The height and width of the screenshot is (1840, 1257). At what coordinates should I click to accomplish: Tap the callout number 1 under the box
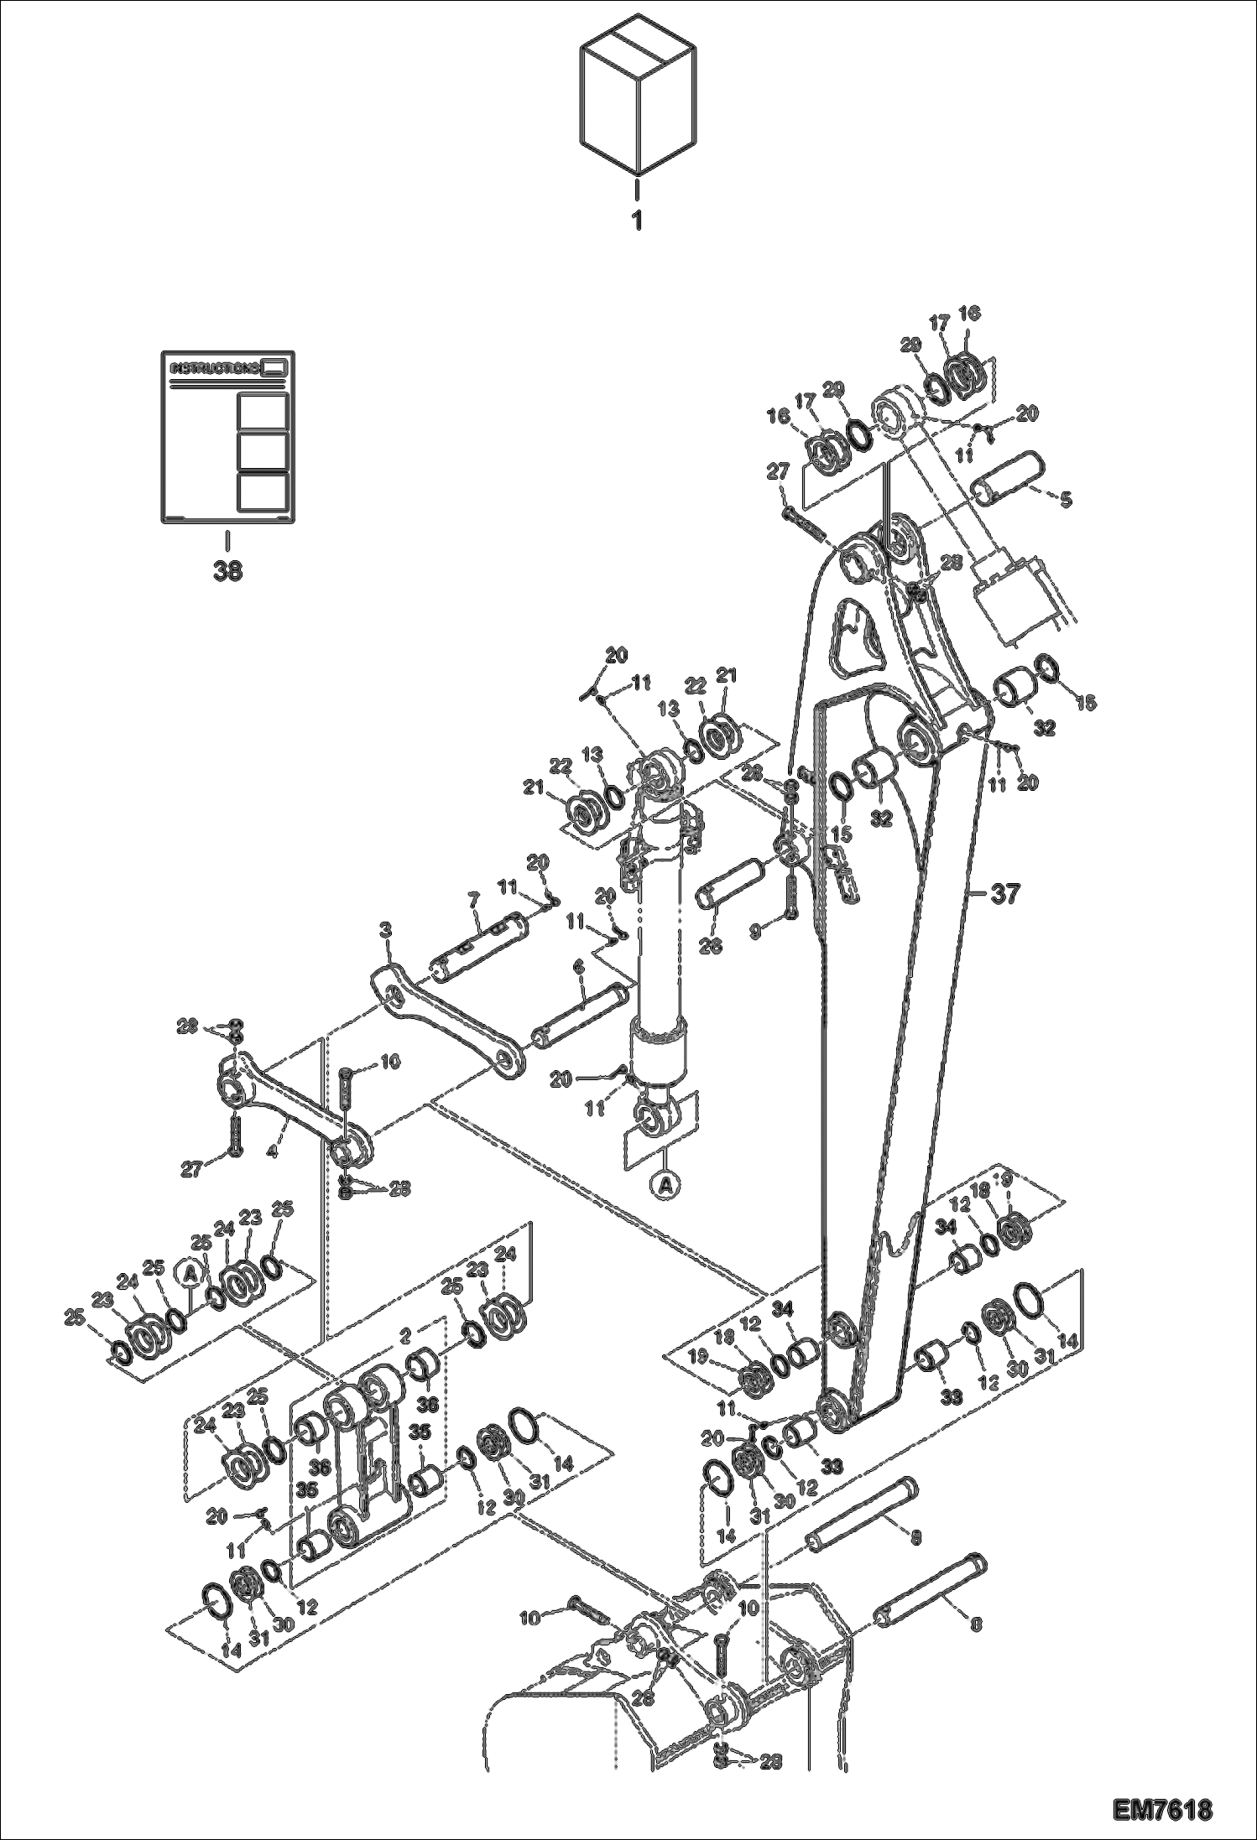pos(638,221)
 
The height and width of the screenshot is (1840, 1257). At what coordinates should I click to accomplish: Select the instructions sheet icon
pos(227,438)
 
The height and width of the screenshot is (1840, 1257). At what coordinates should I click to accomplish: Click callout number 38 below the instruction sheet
pos(227,570)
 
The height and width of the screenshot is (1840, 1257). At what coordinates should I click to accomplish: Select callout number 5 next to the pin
pos(1065,500)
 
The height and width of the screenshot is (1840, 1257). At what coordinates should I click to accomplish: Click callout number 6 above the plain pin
pos(578,967)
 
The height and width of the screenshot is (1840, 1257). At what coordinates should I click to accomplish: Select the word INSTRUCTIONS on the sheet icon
pos(215,368)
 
